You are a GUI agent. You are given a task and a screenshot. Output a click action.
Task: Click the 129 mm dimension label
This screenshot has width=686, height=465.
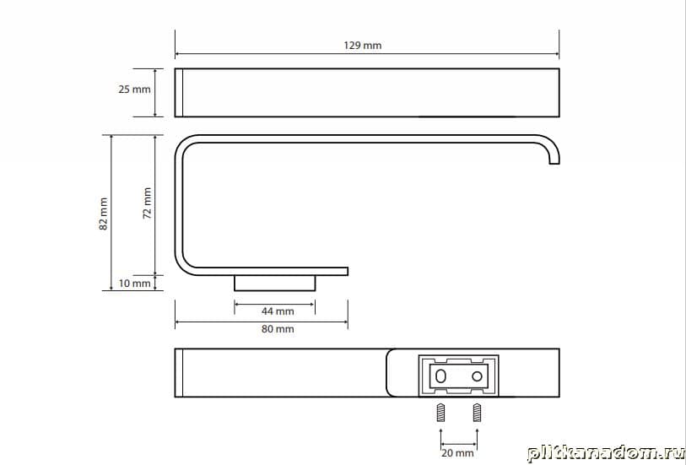(x=362, y=46)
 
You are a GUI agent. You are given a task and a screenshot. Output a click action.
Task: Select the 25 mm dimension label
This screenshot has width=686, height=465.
(x=134, y=89)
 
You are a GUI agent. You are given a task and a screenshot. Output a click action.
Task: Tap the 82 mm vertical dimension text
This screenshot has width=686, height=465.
(x=103, y=214)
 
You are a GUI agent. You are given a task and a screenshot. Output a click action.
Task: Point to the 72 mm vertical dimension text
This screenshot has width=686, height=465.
(x=148, y=203)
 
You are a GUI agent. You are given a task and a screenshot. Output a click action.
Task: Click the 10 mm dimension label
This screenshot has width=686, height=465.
(x=134, y=284)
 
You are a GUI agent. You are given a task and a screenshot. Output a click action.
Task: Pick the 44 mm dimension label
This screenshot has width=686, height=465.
(x=278, y=311)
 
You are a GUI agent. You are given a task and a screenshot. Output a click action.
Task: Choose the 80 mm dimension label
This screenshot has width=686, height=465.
(x=278, y=329)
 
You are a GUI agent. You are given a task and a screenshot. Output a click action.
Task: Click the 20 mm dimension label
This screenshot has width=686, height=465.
(x=457, y=453)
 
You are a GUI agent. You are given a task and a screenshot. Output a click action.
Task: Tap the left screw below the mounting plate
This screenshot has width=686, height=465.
(x=441, y=413)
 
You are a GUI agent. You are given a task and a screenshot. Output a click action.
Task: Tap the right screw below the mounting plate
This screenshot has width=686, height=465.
(x=477, y=413)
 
